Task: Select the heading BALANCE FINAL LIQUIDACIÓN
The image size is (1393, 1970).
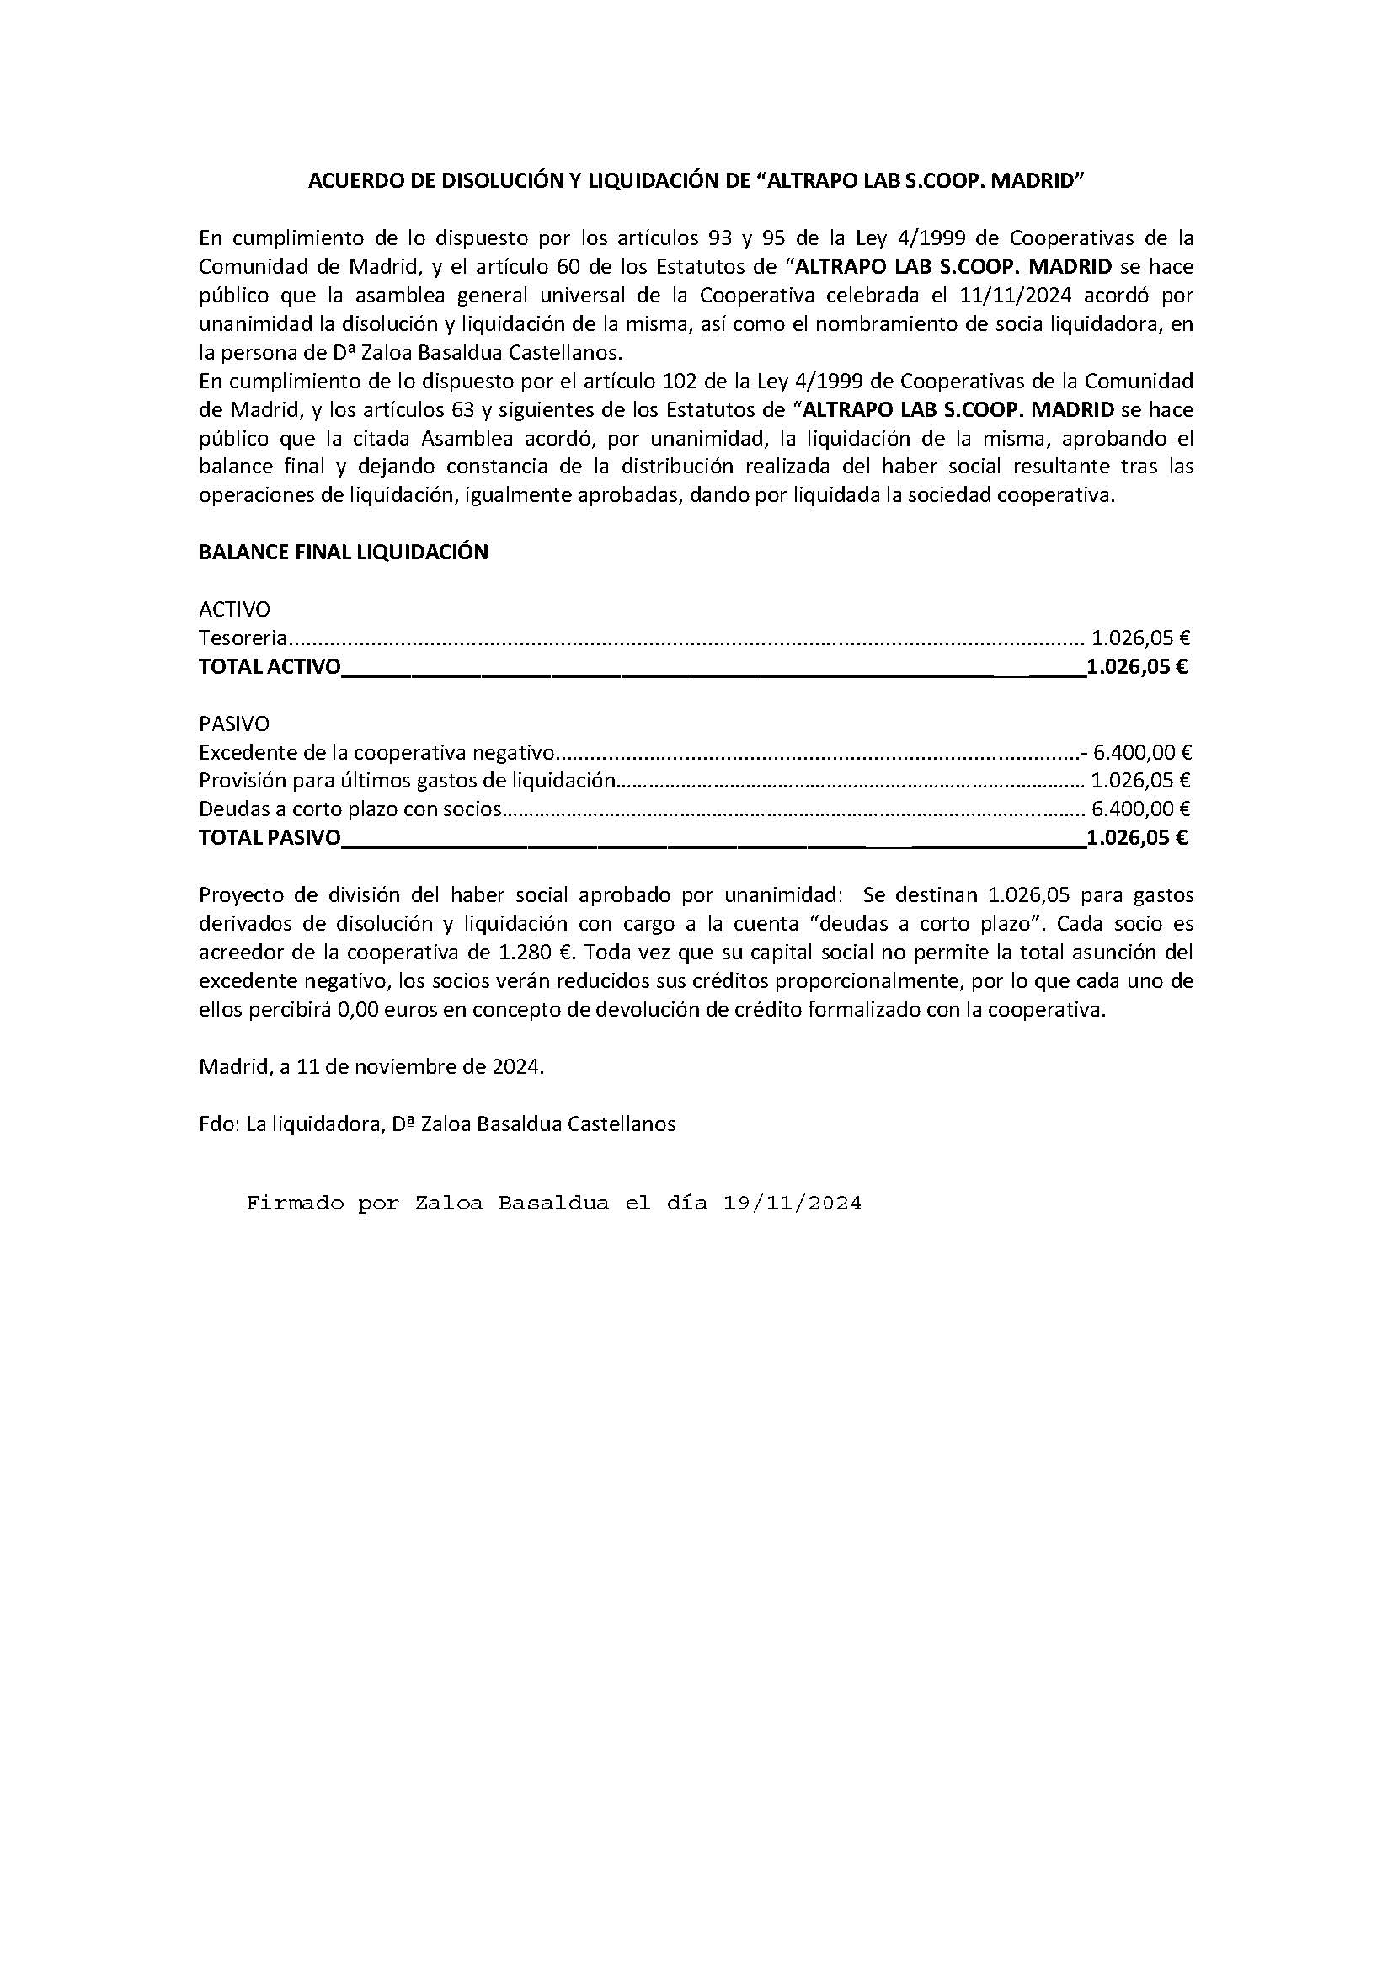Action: tap(343, 553)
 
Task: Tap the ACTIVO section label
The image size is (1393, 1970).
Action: tap(234, 609)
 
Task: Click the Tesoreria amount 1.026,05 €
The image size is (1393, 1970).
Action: tap(1140, 638)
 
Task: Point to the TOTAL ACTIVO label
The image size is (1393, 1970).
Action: tap(270, 668)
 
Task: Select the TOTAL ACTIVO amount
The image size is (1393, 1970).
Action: tap(1136, 668)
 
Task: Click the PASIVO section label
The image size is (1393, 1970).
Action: tap(234, 724)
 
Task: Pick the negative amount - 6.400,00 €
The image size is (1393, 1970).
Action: tap(1136, 753)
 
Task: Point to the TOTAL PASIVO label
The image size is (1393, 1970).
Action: tap(270, 838)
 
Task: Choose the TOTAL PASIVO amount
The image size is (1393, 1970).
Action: tap(1136, 838)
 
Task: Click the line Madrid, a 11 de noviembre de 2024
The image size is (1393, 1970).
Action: tap(371, 1067)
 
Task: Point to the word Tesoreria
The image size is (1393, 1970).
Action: tap(242, 638)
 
